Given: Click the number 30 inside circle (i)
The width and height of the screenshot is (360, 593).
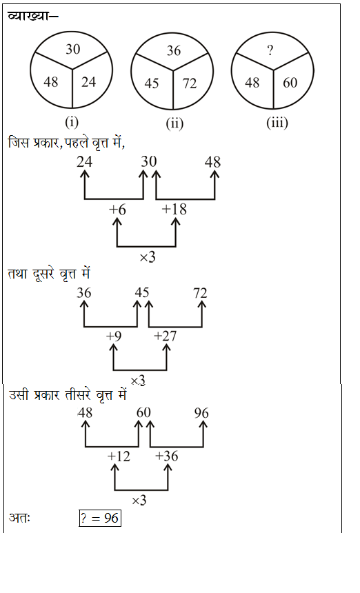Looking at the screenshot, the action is (x=73, y=49).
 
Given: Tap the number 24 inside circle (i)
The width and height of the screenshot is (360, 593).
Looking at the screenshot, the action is (x=88, y=81).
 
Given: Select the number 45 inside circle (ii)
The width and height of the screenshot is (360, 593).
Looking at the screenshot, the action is (x=152, y=83).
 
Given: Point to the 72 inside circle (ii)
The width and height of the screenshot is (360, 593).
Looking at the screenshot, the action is (x=190, y=83).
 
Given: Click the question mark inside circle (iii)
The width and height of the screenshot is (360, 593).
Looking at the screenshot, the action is (x=270, y=50).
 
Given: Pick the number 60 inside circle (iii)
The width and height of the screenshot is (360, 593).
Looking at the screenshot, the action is (x=290, y=83).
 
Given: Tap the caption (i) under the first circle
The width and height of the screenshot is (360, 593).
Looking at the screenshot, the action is (x=72, y=122).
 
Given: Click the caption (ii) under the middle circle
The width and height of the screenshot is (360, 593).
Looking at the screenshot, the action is (x=174, y=123).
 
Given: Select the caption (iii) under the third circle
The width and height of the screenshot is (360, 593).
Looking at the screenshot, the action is (x=277, y=123).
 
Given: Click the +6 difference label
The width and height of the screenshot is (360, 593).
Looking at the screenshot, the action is (x=117, y=210).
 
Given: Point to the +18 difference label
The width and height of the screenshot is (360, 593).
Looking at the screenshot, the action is (x=174, y=209).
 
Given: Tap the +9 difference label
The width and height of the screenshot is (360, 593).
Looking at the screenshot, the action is (x=114, y=336).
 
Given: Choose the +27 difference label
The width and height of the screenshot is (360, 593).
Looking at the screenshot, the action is (x=166, y=336).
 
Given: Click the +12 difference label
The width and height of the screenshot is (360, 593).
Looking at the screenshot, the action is (x=119, y=456).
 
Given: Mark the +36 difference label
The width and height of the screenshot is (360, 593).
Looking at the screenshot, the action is (x=166, y=456).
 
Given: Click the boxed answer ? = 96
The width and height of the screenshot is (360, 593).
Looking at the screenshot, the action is (x=100, y=518).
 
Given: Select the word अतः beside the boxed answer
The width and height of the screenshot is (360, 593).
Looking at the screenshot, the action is (x=19, y=517).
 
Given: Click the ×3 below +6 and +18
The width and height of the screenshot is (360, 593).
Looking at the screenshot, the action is (x=148, y=257).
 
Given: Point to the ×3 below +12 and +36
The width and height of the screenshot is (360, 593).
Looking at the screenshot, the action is (x=139, y=501).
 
